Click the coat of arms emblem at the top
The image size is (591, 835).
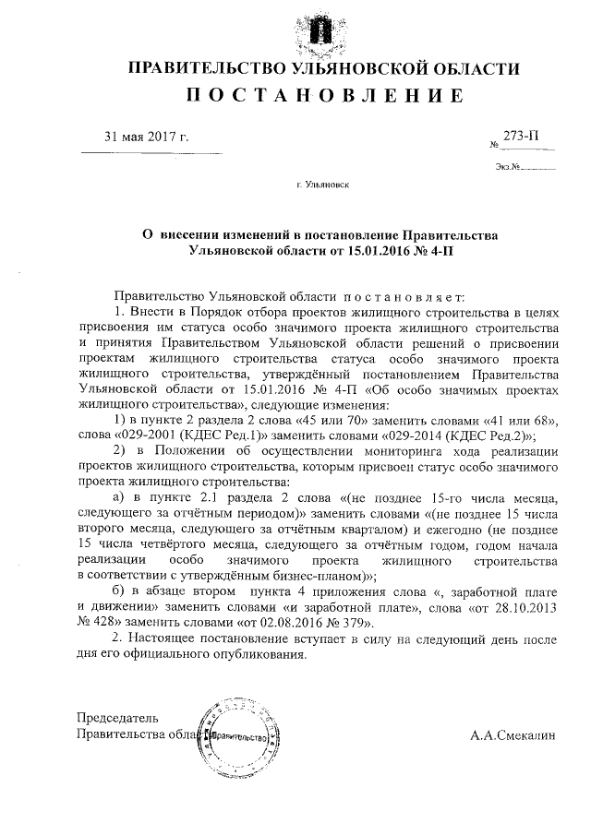click(x=318, y=28)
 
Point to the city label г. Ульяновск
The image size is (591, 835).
click(x=324, y=185)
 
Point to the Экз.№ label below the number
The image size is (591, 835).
click(x=507, y=168)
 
